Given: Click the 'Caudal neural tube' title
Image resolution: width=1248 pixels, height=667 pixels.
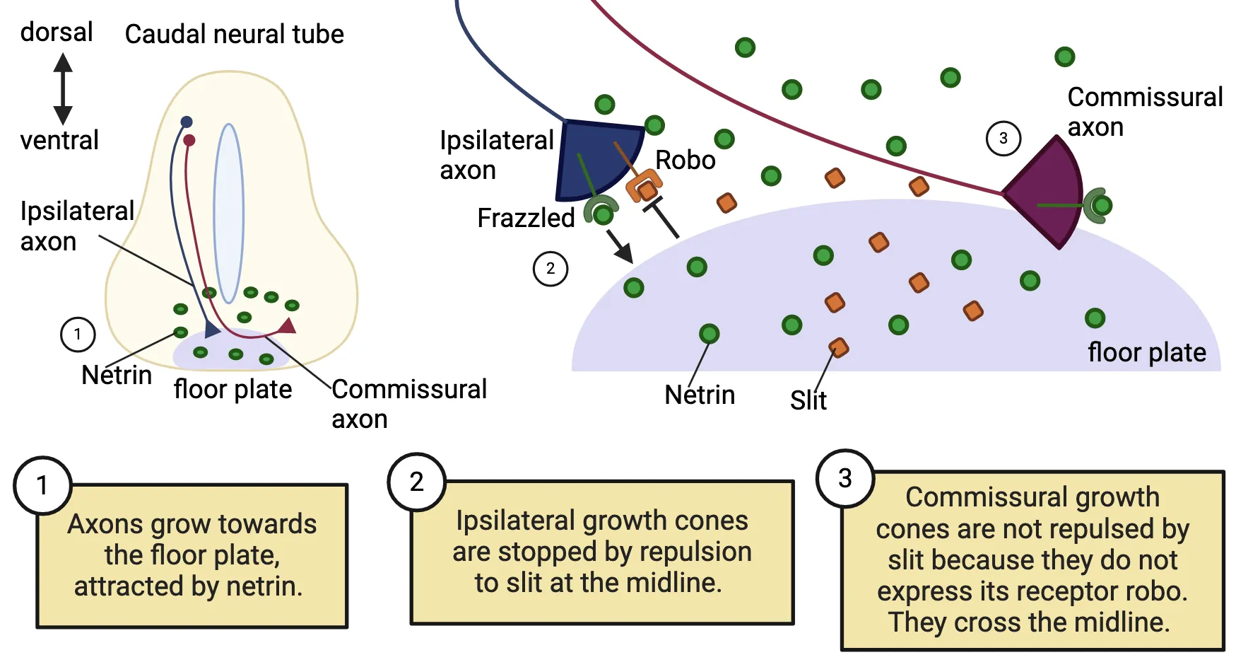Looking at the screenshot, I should pos(234,34).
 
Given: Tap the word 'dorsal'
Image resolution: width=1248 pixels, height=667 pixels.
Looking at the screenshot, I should pos(56,32).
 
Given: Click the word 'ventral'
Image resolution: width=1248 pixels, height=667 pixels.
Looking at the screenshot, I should pos(59,140).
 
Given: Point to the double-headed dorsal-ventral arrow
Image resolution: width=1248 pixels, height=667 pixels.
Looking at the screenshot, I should pos(63,89).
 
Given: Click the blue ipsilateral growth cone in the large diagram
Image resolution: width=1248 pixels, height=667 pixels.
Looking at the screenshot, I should pos(594,160).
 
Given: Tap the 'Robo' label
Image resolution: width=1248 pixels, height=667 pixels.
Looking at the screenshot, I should pos(685,160).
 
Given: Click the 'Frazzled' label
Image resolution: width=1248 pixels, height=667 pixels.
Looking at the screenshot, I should pos(526,218).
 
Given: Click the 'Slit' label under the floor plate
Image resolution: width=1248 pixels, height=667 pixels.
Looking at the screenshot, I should pos(808,400).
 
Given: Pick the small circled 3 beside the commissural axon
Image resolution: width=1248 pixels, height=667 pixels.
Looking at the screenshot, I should pos(1003,139).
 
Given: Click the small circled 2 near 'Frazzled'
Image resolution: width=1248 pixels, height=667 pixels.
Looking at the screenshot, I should pos(550,269).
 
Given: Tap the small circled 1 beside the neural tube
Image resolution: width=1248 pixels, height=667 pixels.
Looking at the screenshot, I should pos(78,334).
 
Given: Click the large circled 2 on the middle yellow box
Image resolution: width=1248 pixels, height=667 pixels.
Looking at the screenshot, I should pos(417,482).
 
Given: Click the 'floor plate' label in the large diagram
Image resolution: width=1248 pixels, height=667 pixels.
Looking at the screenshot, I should pos(1146,352).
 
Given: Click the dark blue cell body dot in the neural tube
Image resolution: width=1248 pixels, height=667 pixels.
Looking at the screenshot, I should pos(187,122).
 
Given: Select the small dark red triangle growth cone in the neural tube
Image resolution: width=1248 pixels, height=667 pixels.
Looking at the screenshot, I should pos(288,326).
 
